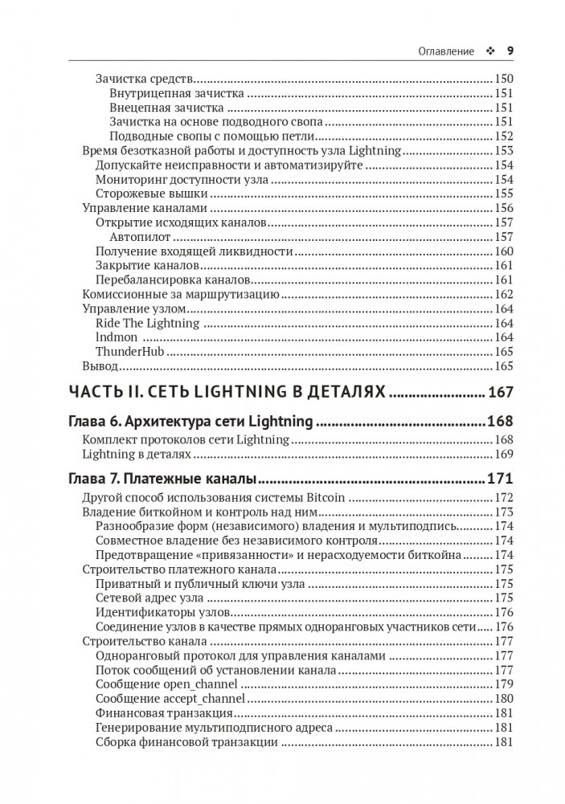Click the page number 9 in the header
pyautogui.click(x=510, y=50)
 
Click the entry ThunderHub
pyautogui.click(x=129, y=352)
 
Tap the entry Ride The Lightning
pyautogui.click(x=147, y=323)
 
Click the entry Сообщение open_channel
pyautogui.click(x=166, y=684)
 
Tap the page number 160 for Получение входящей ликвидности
pyautogui.click(x=503, y=251)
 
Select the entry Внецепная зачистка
pyautogui.click(x=166, y=108)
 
